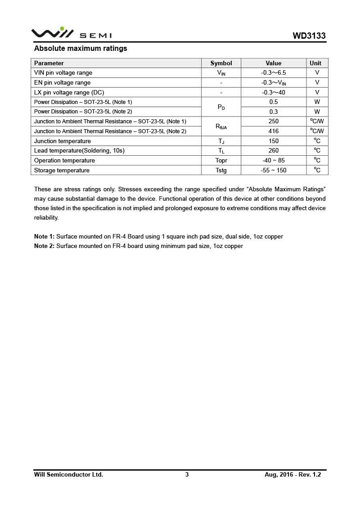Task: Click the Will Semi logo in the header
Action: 71,33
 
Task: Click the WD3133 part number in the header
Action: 309,36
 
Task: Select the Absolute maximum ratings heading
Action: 81,49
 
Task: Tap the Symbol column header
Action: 221,63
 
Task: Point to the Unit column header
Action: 315,63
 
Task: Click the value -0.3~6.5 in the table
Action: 273,72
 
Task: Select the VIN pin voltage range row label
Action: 63,72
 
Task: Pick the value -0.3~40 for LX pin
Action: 273,92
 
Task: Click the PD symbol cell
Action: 221,107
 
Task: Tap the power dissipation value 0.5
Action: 273,102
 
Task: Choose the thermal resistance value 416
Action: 273,131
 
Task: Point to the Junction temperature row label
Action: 63,141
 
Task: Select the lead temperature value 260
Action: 273,151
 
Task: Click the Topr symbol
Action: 221,161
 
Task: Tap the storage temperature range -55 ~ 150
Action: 273,171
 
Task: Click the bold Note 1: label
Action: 44,237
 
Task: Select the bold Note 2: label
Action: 44,246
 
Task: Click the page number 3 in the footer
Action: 187,474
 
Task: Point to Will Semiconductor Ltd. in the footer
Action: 68,474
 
